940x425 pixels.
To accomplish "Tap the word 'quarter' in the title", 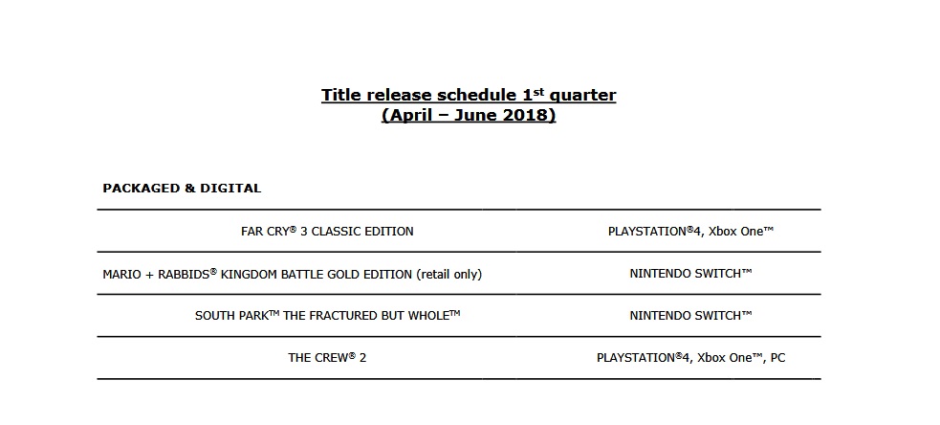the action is (582, 96).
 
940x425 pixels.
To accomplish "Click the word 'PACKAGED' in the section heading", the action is (141, 189).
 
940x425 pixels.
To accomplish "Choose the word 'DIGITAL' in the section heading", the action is (230, 189).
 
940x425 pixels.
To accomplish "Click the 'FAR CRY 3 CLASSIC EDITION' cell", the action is (327, 231).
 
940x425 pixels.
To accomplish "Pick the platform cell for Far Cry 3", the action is (690, 231).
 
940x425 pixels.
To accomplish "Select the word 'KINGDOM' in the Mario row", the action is (249, 275).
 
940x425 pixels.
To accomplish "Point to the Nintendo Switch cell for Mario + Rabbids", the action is (690, 273).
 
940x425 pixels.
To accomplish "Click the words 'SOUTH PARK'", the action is (231, 316).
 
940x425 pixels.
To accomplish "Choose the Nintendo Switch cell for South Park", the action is (690, 315).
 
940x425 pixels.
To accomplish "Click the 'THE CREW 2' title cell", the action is (327, 358).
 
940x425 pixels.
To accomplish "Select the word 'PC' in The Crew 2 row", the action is (777, 358).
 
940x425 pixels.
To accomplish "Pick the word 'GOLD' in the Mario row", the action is (343, 275).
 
